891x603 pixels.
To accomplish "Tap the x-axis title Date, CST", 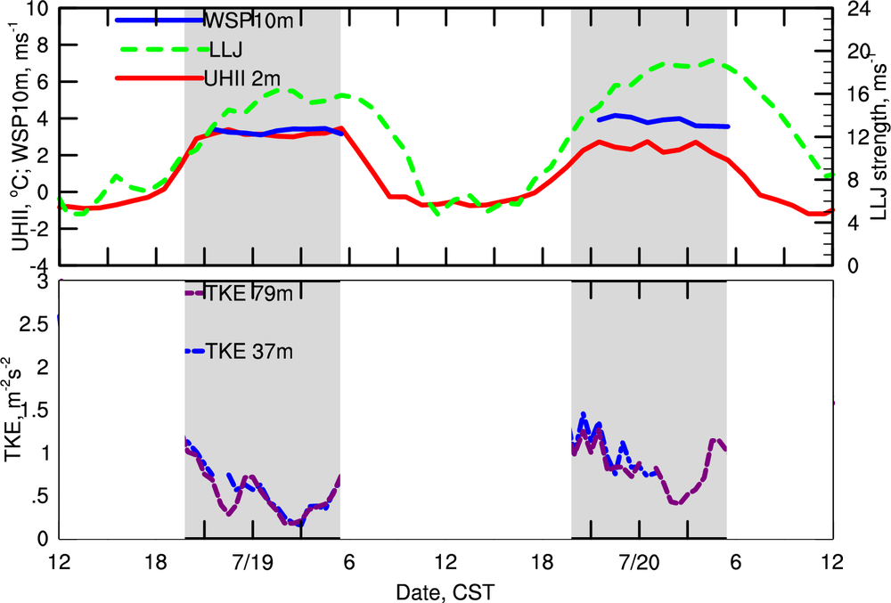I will point(445,591).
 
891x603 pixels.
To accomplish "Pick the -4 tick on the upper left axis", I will point(37,265).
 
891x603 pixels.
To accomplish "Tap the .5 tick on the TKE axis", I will point(37,496).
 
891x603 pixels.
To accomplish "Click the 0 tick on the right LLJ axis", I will point(849,265).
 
